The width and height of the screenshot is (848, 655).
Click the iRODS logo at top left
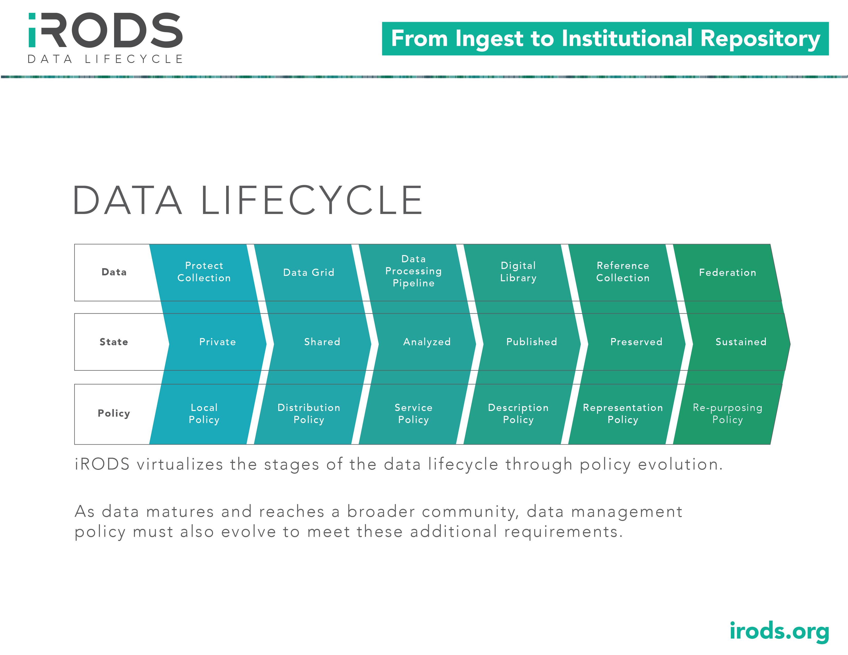pos(105,38)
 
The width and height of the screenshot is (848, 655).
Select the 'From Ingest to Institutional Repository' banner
pos(605,39)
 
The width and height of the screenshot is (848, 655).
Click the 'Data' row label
pos(114,272)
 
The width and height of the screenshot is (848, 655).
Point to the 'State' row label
pos(114,342)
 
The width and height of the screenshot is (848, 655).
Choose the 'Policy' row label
pos(114,413)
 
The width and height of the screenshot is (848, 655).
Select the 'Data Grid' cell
pos(309,272)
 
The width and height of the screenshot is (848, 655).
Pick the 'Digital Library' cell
pos(518,272)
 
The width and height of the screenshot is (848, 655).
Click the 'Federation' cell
pos(728,272)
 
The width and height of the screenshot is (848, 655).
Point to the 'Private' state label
pos(217,342)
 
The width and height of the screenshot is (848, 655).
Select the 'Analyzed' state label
pos(427,342)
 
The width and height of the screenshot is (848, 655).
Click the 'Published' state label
pos(532,342)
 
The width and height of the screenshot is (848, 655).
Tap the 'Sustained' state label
pos(741,342)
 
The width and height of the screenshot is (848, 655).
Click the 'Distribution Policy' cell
pos(309,414)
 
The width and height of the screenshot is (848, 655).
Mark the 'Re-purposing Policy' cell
pos(728,414)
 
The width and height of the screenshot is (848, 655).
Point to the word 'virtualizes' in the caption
pos(180,464)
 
